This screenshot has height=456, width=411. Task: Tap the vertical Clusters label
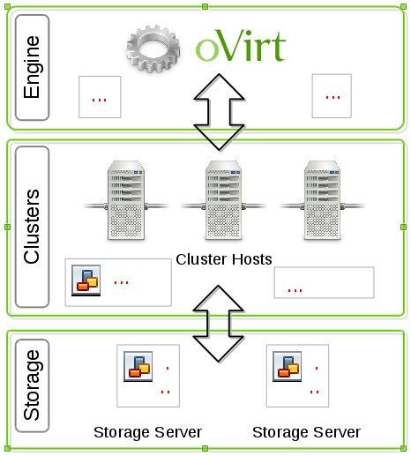tap(31, 227)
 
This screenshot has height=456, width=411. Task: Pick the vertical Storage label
tap(31, 385)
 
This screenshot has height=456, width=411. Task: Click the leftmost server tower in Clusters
tap(126, 200)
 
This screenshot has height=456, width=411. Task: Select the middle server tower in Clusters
tap(224, 200)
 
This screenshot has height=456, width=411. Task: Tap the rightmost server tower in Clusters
tap(323, 200)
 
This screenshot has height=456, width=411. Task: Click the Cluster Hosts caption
tap(224, 259)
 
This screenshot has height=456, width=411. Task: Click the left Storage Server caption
tap(147, 432)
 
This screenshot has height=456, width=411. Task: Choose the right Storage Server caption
tap(306, 432)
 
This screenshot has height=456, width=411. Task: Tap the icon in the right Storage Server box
tap(287, 365)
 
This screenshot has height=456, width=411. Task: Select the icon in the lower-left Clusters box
tap(86, 279)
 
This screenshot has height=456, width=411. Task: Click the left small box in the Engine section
tap(100, 96)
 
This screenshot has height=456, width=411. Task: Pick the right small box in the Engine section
tap(332, 95)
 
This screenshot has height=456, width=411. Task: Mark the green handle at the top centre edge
tap(205, 6)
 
